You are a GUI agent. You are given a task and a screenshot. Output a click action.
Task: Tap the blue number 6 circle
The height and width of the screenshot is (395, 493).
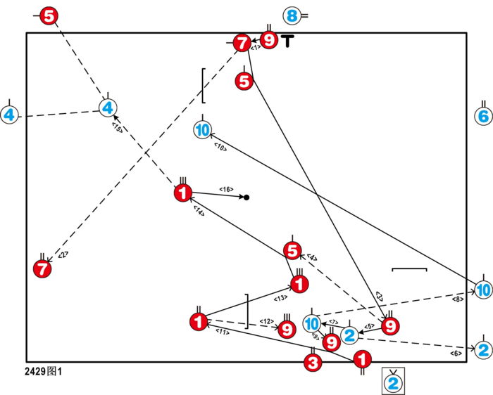pos(483,117)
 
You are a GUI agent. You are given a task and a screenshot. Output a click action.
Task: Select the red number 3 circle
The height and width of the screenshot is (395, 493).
pos(313,363)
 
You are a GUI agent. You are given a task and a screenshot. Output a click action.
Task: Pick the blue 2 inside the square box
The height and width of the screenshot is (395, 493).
pos(394,383)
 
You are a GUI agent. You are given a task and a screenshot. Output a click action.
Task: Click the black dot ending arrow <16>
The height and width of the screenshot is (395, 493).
pos(246,197)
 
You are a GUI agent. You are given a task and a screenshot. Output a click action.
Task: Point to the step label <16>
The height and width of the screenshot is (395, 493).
pos(226,189)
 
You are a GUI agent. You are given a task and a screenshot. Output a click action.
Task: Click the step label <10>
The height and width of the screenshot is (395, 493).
pos(220,148)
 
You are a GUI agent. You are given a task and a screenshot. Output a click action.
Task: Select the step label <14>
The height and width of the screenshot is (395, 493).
pos(199,212)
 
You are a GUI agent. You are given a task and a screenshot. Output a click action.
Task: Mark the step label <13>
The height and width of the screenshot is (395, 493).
pos(270,299)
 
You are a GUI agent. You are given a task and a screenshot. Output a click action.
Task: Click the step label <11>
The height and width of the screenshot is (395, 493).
pos(223,331)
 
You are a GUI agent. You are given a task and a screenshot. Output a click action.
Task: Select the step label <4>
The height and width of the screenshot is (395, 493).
pos(311,258)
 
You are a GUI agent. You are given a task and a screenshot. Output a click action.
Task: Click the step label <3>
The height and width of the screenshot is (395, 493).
pos(378,296)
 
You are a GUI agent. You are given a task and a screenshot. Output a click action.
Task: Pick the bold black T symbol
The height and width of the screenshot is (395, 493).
pos(287,41)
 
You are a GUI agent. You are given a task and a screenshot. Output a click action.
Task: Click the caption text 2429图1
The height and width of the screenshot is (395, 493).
pos(44,370)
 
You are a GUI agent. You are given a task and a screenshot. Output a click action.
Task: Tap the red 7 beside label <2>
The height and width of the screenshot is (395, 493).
pos(43,268)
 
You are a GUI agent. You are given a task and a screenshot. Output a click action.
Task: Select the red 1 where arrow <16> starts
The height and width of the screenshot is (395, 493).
pos(182,193)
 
